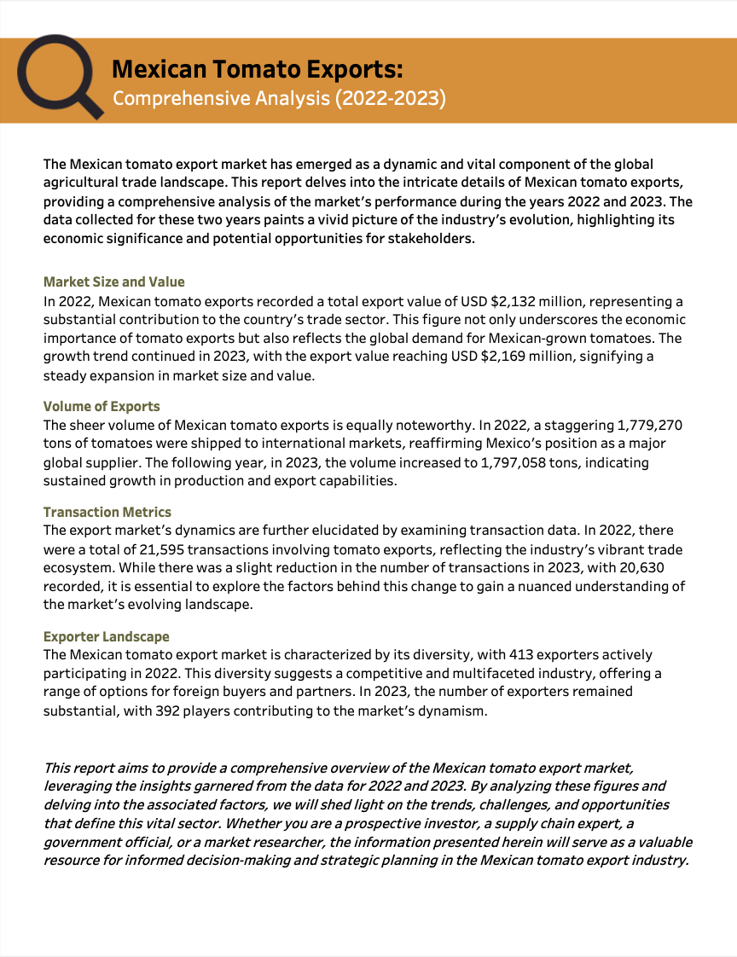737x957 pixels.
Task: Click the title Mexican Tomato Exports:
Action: point(258,69)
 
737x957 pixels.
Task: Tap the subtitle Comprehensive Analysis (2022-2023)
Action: point(279,98)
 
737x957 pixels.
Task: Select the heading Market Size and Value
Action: point(113,282)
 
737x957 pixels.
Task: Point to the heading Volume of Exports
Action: point(102,407)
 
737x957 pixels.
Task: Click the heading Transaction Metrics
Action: point(107,513)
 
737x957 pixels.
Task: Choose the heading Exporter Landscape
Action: point(107,637)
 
